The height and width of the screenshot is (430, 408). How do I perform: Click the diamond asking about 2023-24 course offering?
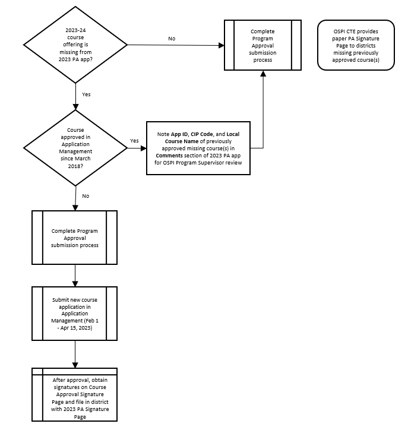click(75, 45)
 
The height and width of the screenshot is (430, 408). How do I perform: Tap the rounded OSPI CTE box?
click(356, 45)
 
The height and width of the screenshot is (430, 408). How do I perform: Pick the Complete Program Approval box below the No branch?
click(74, 237)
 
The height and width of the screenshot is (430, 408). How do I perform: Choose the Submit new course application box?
click(74, 313)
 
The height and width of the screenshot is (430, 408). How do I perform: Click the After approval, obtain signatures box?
click(74, 394)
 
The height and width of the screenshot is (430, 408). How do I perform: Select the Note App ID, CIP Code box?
click(198, 148)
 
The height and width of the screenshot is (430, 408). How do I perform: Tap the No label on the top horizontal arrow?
click(172, 39)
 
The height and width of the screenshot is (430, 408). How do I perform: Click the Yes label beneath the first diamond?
click(86, 94)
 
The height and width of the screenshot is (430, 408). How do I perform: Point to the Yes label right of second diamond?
click(134, 141)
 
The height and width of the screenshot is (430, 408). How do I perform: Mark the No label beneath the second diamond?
click(86, 195)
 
